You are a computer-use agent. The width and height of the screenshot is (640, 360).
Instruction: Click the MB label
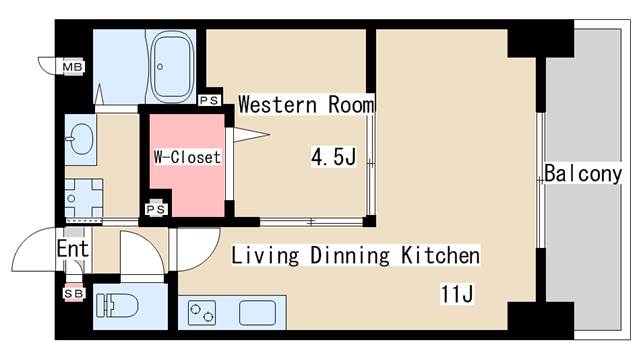[72, 67]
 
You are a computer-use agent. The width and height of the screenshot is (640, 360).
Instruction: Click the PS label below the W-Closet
[156, 209]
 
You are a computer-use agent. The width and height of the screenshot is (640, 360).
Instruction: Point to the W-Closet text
[186, 157]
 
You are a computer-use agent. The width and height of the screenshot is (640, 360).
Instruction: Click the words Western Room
[306, 104]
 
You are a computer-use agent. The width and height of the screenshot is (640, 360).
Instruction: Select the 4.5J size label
[333, 156]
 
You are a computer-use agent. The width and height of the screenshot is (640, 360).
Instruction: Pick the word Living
[265, 256]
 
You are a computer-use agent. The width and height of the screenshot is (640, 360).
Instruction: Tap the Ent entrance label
[73, 249]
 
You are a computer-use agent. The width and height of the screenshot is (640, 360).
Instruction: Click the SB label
[73, 293]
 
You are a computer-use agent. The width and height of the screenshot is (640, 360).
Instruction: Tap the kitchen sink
[258, 312]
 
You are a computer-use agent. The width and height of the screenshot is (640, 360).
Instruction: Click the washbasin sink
[79, 137]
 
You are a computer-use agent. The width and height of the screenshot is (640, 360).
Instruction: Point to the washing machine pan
[83, 197]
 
